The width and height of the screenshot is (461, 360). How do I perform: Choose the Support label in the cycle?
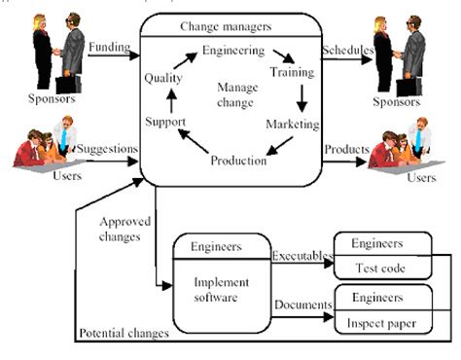166,123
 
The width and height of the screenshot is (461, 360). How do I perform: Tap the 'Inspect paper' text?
383,324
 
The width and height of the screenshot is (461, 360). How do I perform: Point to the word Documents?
301,305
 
